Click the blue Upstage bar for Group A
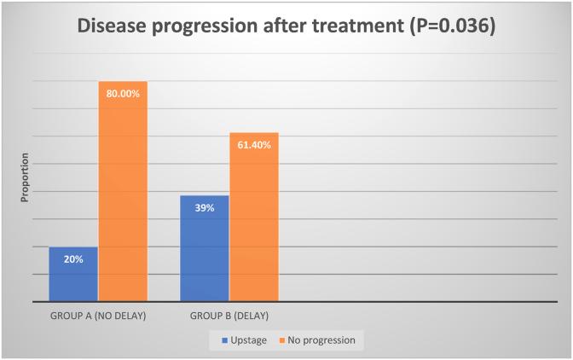pyautogui.click(x=73, y=274)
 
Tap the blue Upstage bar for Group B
pyautogui.click(x=205, y=248)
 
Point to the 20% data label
pyautogui.click(x=73, y=259)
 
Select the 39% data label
pyautogui.click(x=205, y=209)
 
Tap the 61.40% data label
pyautogui.click(x=254, y=146)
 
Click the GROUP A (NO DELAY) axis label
pyautogui.click(x=98, y=316)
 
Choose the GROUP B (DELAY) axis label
pyautogui.click(x=229, y=316)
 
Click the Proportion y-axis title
pyautogui.click(x=25, y=177)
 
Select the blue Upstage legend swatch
pyautogui.click(x=225, y=340)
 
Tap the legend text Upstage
pyautogui.click(x=250, y=340)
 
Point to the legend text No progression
pyautogui.click(x=322, y=340)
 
